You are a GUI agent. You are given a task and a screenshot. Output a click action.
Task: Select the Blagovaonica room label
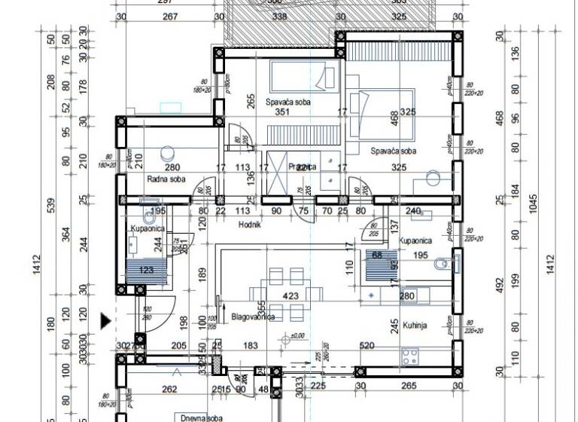pyautogui.click(x=252, y=317)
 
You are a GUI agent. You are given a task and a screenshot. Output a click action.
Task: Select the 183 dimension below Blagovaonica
pyautogui.click(x=251, y=345)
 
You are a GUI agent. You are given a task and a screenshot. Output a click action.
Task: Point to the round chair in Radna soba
pyautogui.click(x=166, y=150)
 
